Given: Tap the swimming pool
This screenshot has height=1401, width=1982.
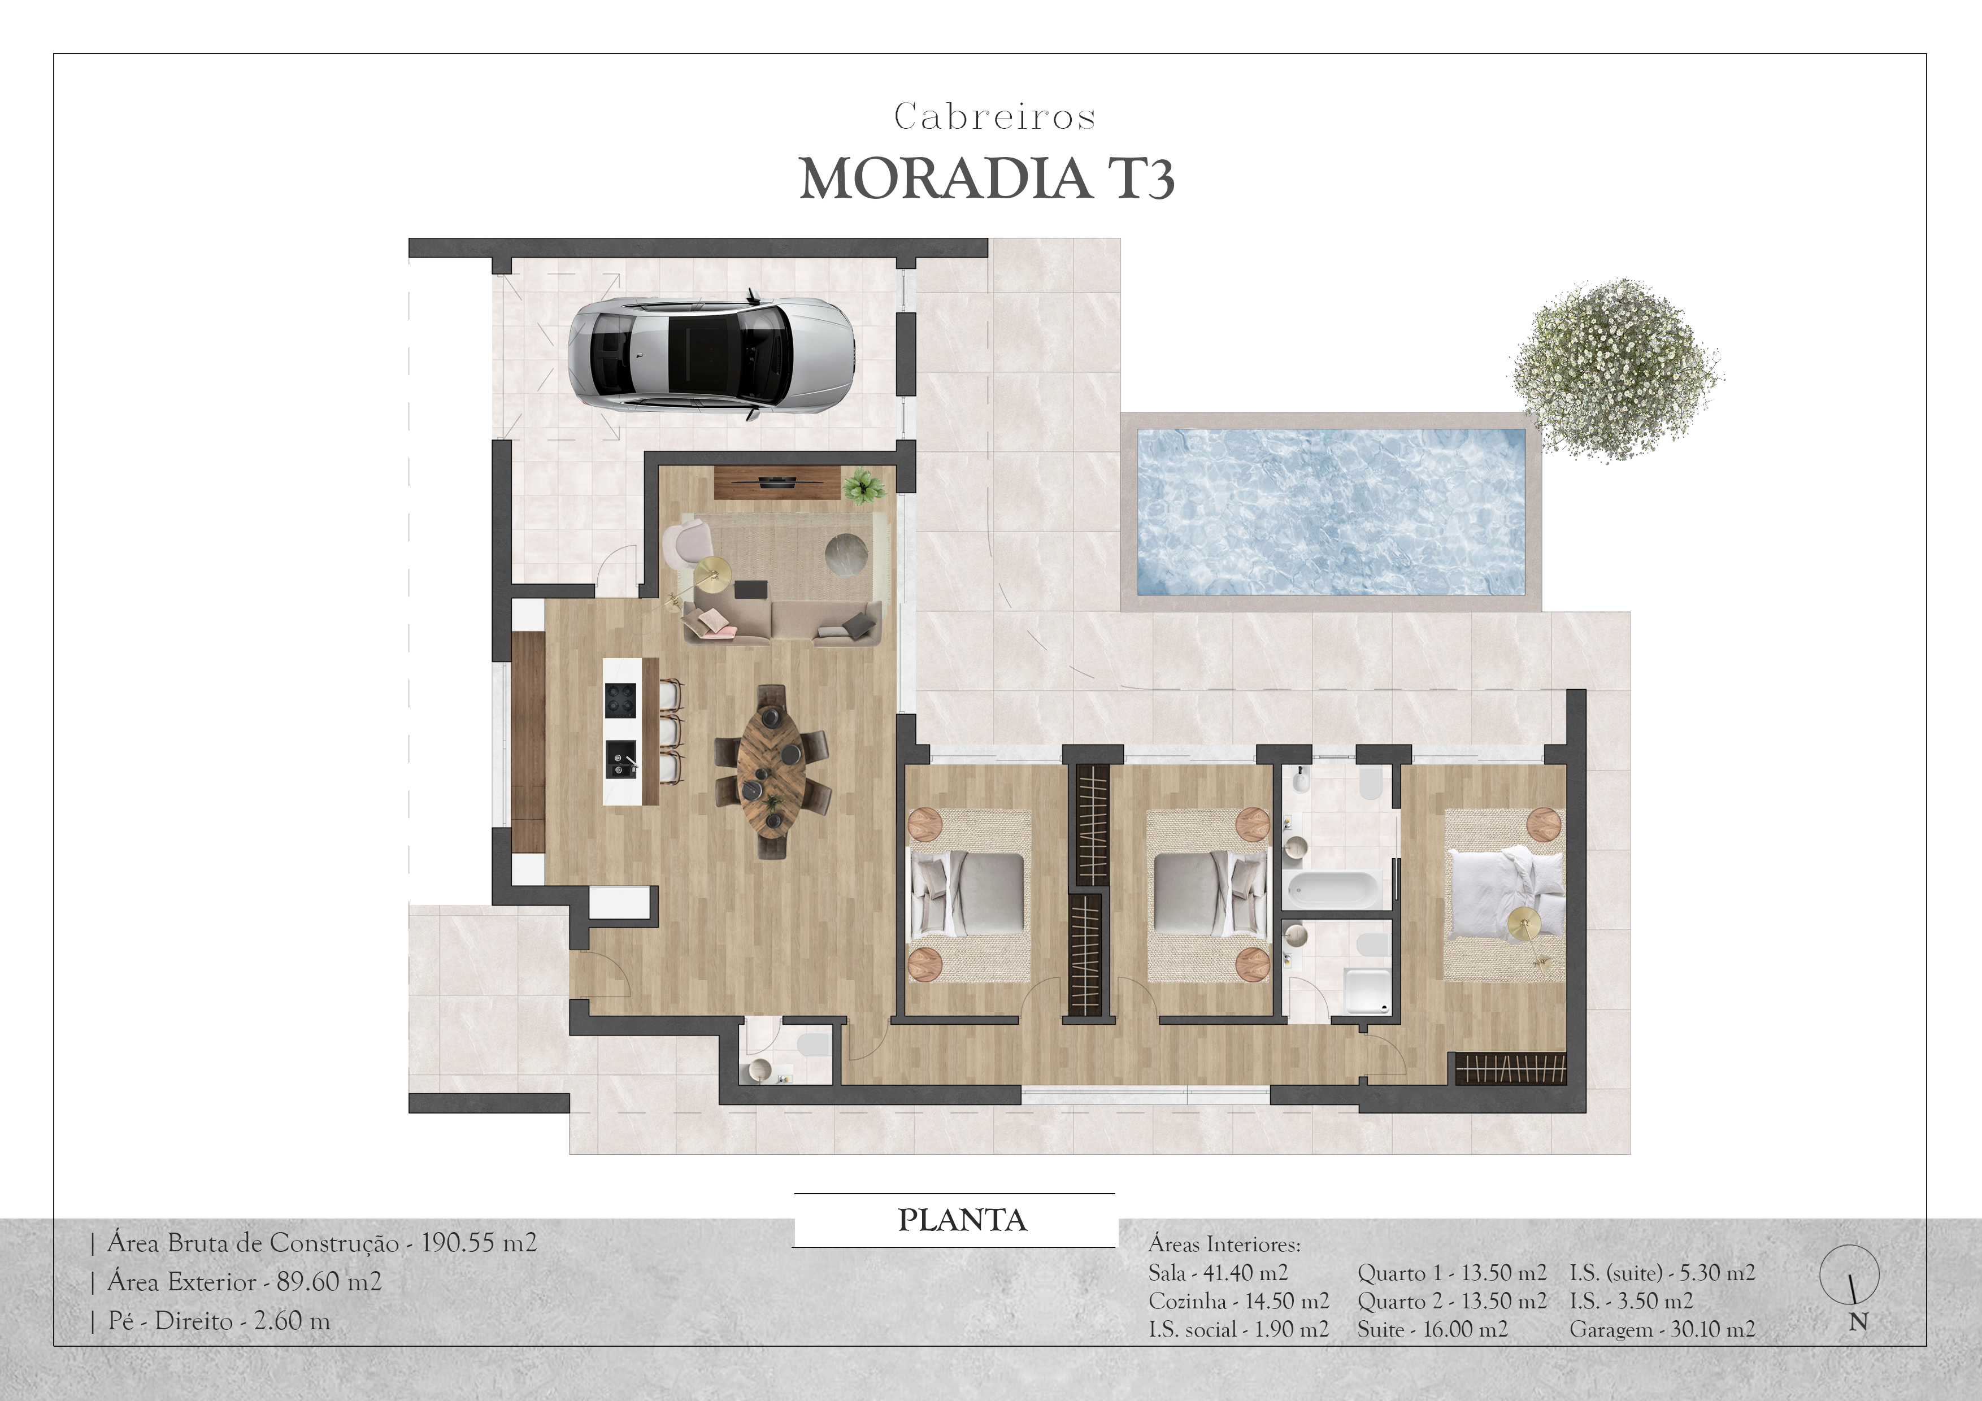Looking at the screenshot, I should coord(1330,512).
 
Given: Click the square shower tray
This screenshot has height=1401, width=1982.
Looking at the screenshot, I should coord(1367,990).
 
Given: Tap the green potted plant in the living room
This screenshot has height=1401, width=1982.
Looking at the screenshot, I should coord(863,485).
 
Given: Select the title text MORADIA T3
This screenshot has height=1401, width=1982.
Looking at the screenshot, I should coord(986,180).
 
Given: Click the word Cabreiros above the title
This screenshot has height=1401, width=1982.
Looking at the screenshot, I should coord(994,116).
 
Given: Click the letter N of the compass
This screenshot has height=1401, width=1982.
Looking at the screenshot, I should coord(1858,1321).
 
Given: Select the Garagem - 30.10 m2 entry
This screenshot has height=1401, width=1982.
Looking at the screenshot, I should coord(1662,1329).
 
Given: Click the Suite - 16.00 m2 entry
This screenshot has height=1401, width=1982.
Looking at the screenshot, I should coord(1432,1329).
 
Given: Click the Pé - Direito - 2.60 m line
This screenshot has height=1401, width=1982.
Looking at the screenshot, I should coord(219,1321).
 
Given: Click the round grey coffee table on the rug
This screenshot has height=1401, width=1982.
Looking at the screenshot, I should coord(846,553).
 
